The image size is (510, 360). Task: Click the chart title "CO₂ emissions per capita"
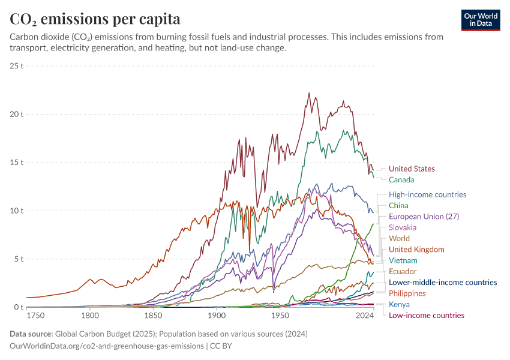95,19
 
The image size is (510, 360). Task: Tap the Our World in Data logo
481,20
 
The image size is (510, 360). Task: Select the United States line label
412,169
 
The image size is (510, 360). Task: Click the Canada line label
401,179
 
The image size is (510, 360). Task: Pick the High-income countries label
427,194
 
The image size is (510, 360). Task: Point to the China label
398,205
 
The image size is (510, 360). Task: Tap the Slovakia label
403,227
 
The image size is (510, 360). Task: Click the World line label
400,238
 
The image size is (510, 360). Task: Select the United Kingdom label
416,249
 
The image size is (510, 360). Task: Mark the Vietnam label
403,260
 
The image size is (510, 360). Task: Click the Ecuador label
403,271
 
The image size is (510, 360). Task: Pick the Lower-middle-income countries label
443,282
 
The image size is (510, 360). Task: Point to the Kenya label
400,304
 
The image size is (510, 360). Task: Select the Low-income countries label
427,315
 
